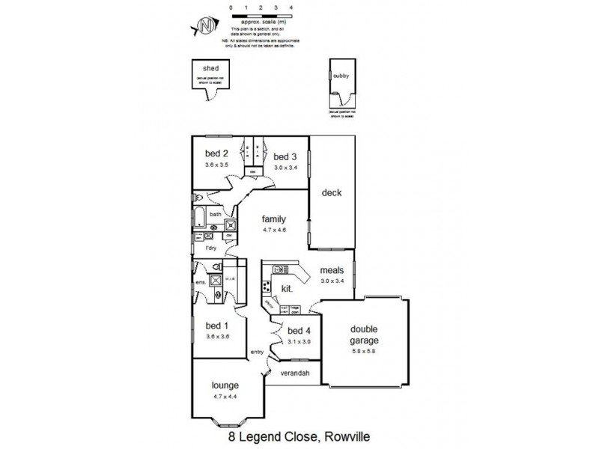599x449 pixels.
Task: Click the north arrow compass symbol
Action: (203, 27)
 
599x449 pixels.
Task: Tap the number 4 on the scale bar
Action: (290, 7)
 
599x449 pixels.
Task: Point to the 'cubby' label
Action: (341, 76)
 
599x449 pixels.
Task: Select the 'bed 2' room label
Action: (216, 155)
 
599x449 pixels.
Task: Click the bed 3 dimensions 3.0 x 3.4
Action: (285, 168)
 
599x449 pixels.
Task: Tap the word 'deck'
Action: (331, 193)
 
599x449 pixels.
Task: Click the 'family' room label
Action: (273, 219)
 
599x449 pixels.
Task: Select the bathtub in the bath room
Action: (199, 218)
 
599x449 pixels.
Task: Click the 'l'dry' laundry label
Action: (212, 247)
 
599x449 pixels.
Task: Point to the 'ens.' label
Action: (201, 282)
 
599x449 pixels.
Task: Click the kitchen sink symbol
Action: (282, 269)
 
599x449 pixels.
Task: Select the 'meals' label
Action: (332, 270)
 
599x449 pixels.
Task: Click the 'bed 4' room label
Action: (298, 331)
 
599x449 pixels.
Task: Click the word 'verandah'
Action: (295, 372)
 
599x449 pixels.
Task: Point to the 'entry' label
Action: (257, 352)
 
